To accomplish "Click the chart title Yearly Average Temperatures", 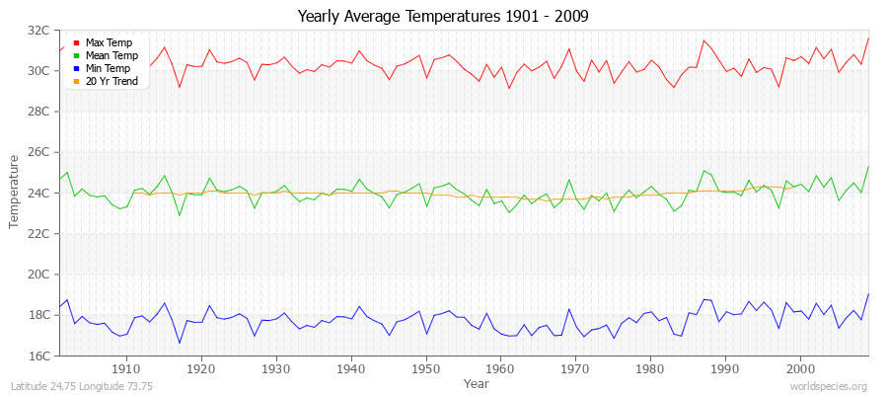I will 443,17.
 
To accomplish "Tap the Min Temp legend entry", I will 107,68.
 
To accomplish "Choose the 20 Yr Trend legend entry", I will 110,81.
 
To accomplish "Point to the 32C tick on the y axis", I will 39,30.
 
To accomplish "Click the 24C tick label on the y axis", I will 39,193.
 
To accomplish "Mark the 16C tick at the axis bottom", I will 39,355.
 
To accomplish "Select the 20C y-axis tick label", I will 39,275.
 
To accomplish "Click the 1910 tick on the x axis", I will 126,368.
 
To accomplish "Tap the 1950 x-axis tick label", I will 425,368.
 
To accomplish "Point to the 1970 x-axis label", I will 575,368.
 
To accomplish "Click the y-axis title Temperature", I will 15,193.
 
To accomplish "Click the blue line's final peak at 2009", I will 868,293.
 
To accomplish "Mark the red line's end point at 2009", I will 868,38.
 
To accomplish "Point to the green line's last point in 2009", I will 868,166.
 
